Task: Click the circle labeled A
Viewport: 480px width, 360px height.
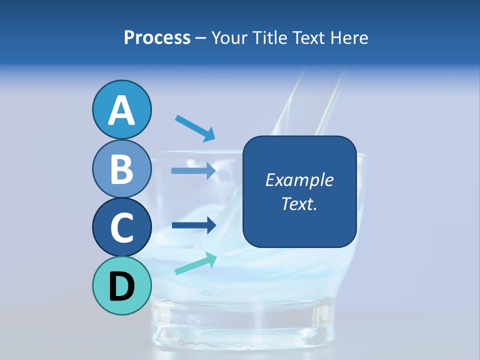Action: (x=121, y=109)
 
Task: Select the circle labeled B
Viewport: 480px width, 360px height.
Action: (x=121, y=168)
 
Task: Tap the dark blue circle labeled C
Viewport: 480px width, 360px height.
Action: (x=121, y=227)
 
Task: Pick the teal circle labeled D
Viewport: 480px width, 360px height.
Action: (x=121, y=285)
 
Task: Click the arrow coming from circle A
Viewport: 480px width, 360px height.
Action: (x=195, y=127)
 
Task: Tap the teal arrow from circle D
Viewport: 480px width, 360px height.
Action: (x=195, y=264)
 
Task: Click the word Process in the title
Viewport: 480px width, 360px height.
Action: (x=157, y=37)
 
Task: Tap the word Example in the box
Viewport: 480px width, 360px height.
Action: (x=299, y=180)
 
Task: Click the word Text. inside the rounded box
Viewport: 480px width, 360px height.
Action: (x=299, y=203)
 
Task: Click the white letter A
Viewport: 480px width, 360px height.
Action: (x=121, y=110)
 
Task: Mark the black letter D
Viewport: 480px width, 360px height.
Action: (x=121, y=286)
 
